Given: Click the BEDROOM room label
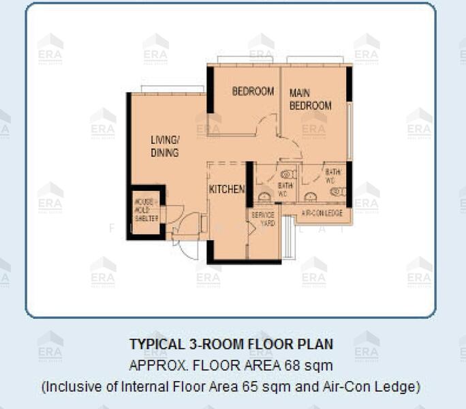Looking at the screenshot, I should (253, 91).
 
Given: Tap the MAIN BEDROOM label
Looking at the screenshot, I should (310, 99).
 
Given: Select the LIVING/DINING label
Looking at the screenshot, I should (165, 146).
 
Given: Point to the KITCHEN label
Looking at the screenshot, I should (226, 189).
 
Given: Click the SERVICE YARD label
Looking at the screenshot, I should (263, 218).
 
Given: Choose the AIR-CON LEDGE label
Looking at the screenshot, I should (322, 213).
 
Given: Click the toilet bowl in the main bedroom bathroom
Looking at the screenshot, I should (338, 192).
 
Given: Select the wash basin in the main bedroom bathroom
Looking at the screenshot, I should (311, 196).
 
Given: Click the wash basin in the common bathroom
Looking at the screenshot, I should (264, 196).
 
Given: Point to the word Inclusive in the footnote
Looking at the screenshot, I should (72, 387).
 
